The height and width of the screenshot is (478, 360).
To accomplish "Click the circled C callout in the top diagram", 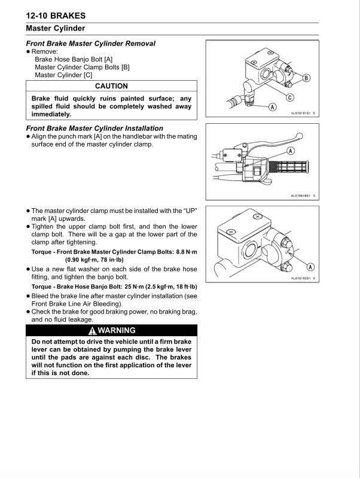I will coord(290,98).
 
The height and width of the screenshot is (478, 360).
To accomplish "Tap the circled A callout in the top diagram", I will coord(272,107).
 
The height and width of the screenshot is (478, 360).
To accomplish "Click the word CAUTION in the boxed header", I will coord(112,86).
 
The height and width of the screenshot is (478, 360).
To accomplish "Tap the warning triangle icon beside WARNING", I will coord(91,330).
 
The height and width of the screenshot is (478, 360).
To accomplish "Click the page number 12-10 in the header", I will coord(40,16).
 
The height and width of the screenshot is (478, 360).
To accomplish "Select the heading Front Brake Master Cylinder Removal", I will coord(90,43).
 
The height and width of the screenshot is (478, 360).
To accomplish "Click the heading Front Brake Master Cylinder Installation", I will coord(94,128).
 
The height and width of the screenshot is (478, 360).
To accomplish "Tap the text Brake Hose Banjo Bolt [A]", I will coord(74,59).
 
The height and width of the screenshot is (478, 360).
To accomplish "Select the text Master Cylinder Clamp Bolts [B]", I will coord(82,67).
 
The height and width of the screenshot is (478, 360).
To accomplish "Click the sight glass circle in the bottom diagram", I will coord(247,246).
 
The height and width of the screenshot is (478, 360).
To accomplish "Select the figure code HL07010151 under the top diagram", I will coord(302,113).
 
